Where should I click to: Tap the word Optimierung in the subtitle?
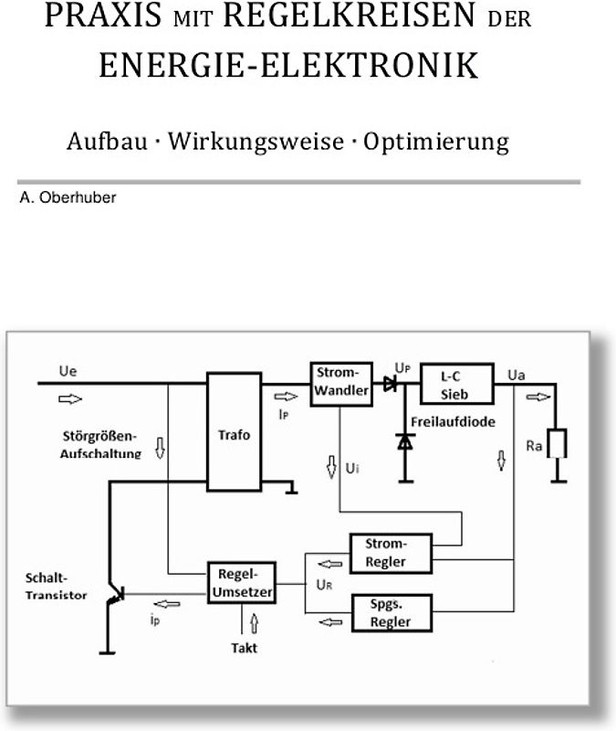pyautogui.click(x=435, y=143)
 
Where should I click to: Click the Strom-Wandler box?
pyautogui.click(x=340, y=383)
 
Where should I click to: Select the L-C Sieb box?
pyautogui.click(x=456, y=383)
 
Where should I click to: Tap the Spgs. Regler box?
pyautogui.click(x=391, y=612)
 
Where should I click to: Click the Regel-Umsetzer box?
pyautogui.click(x=242, y=582)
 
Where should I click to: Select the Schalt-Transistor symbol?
pyautogui.click(x=113, y=595)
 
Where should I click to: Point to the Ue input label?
pyautogui.click(x=68, y=373)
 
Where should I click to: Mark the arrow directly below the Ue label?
pyautogui.click(x=69, y=398)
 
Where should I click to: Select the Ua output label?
pyautogui.click(x=516, y=375)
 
